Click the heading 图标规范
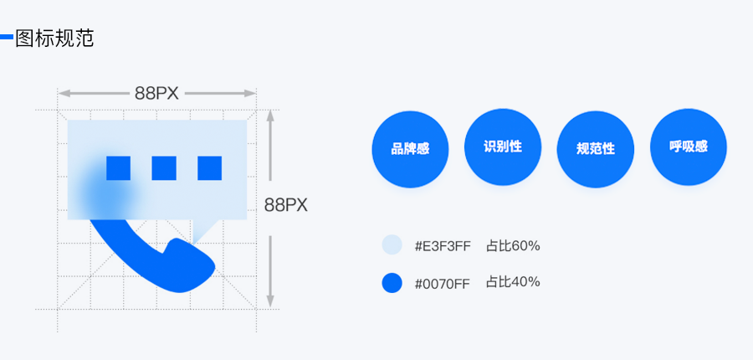[x=54, y=39]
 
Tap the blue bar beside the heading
[x=6, y=37]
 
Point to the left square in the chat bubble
[x=118, y=168]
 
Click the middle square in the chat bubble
[x=164, y=168]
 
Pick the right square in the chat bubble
[x=209, y=168]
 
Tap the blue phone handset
[x=158, y=262]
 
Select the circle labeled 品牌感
[x=410, y=149]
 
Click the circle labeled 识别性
[x=503, y=147]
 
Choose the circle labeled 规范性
[x=596, y=149]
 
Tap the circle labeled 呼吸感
[x=689, y=147]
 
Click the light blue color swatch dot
[x=392, y=244]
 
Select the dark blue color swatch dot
[x=392, y=283]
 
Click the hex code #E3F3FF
[x=443, y=247]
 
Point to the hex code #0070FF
[x=443, y=284]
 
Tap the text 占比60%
[x=513, y=246]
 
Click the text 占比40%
[x=513, y=281]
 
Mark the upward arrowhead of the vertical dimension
[x=270, y=116]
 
